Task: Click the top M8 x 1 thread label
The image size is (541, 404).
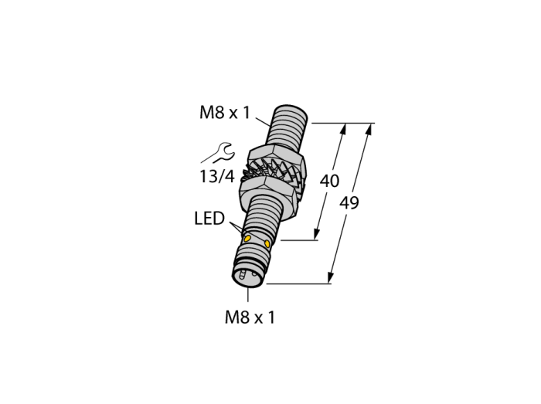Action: coord(224,112)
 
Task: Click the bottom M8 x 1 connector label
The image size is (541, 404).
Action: coord(250,317)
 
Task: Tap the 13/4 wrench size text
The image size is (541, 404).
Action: coord(217,177)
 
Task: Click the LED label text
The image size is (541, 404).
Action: coord(209,218)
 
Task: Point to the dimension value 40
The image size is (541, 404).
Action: coord(329,181)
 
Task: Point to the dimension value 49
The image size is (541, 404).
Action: coord(349,202)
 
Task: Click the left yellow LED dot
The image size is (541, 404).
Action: coord(247,239)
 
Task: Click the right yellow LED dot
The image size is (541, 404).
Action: coord(267,243)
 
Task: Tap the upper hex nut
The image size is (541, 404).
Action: coord(276,157)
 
